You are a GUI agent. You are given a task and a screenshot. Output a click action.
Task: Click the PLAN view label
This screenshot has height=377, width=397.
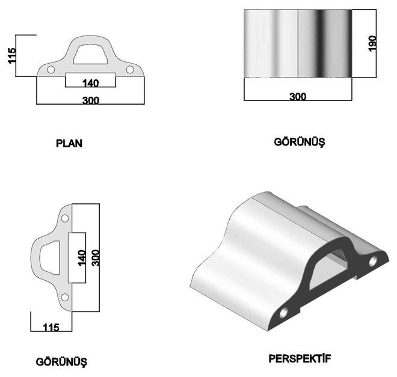click(69, 143)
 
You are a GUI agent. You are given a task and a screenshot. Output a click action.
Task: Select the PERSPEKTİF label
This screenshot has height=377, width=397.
click(300, 358)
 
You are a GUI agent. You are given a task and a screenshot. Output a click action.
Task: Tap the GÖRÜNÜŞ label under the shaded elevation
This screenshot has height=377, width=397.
click(300, 142)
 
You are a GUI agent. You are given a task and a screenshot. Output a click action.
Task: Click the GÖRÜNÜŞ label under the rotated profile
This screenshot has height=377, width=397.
click(61, 362)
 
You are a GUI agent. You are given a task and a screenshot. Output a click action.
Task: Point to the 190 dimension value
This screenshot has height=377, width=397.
click(372, 43)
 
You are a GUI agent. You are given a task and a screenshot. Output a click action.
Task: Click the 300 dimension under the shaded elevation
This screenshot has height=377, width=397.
click(298, 96)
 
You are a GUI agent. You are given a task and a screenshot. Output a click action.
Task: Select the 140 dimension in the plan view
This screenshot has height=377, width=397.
click(90, 83)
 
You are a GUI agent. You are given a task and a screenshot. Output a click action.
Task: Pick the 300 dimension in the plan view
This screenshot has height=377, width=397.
click(91, 100)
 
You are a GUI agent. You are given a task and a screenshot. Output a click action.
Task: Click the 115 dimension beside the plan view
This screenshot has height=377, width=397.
click(11, 55)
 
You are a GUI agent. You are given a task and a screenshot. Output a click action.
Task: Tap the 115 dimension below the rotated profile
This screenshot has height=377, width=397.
click(51, 328)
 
